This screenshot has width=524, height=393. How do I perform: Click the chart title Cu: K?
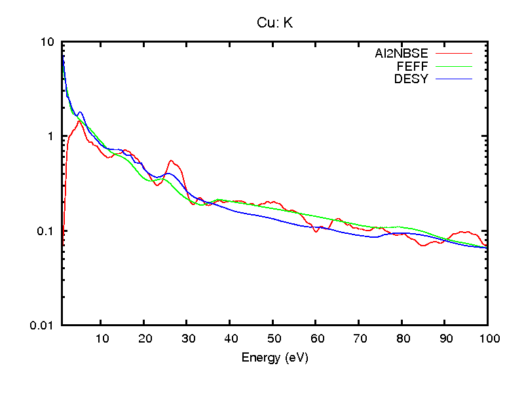click(274, 23)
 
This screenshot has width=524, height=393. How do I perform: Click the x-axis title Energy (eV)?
click(274, 358)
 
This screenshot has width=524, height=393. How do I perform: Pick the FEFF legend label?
click(412, 67)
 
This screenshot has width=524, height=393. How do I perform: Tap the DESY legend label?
click(411, 79)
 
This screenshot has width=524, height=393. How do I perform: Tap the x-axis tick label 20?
click(144, 339)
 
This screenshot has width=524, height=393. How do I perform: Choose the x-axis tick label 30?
click(187, 339)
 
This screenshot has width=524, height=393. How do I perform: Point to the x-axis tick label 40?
click(230, 339)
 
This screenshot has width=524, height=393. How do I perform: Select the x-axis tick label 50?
click(272, 339)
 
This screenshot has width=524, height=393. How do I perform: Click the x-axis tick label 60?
click(316, 339)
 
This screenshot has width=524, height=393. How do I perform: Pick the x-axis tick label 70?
click(358, 339)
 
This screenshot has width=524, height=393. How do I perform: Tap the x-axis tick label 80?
click(402, 339)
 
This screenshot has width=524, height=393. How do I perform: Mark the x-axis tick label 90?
click(444, 339)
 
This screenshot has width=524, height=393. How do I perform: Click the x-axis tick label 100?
click(487, 339)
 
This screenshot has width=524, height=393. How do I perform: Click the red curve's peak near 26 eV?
click(172, 160)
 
